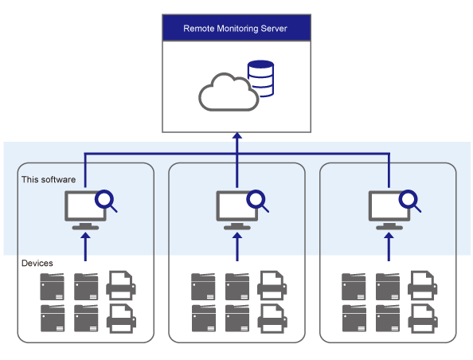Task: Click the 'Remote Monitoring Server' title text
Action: tap(235, 29)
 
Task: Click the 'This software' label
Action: tap(49, 179)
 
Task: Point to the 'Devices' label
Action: tap(37, 263)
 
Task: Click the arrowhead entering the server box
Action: tap(237, 135)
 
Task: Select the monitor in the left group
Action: tap(85, 210)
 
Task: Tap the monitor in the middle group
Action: tap(236, 210)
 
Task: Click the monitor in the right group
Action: tap(389, 210)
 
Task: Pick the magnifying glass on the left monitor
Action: tap(106, 201)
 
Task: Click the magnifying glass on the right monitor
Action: tap(409, 201)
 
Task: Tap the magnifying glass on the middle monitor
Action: tap(257, 201)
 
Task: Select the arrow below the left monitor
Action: tap(86, 247)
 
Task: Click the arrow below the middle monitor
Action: tap(237, 247)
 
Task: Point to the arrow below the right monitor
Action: tap(389, 247)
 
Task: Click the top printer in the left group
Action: tap(121, 285)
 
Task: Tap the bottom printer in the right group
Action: tap(423, 319)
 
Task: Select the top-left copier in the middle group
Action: tap(203, 287)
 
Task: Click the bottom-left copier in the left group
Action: tap(53, 318)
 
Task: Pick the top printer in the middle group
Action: tap(272, 285)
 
